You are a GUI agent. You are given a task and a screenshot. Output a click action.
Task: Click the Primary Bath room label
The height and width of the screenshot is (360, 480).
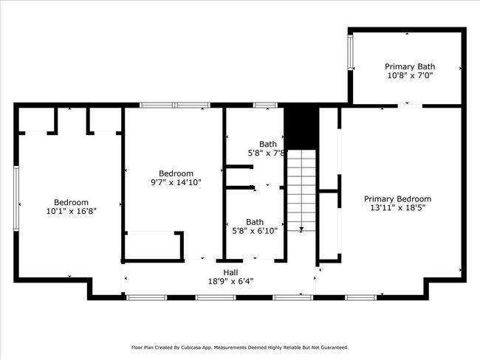pos(410,66)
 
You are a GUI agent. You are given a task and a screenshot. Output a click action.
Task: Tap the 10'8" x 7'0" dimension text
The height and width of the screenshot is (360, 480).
pos(410,75)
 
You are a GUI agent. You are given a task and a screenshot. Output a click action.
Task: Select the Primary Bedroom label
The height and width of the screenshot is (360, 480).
pos(397,199)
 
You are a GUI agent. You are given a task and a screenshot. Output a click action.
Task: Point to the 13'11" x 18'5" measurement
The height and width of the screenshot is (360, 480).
pos(397,208)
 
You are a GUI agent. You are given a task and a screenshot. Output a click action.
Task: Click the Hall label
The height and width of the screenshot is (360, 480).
pos(230,272)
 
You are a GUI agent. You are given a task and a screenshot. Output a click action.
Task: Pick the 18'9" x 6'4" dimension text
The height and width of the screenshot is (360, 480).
pos(231,281)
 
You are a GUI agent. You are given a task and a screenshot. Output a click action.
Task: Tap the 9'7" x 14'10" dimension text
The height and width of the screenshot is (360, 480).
pos(176,183)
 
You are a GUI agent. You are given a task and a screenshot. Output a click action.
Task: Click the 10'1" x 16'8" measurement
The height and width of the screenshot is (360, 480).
pos(72,211)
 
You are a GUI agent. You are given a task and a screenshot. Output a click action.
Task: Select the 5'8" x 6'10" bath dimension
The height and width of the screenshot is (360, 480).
pos(255,231)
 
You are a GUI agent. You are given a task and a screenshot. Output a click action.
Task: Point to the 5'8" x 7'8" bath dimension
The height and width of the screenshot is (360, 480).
pos(267,153)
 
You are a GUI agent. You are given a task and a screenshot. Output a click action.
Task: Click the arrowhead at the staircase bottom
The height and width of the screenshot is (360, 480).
pos(301,229)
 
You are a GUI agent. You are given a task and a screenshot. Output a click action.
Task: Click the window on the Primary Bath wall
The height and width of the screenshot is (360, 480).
pos(350,52)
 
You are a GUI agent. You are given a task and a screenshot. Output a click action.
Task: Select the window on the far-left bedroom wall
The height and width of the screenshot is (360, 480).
pos(16,198)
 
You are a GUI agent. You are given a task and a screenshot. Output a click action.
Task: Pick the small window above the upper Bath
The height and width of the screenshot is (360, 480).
pos(265,105)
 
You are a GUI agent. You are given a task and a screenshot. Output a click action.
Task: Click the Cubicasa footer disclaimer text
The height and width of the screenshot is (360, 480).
pos(240,347)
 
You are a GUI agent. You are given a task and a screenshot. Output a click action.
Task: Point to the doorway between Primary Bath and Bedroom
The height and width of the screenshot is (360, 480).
pos(410,105)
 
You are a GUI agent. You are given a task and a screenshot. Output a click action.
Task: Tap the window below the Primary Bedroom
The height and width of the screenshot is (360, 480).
pos(361,297)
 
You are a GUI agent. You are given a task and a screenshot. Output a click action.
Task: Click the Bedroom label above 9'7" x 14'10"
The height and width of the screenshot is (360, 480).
pos(176,174)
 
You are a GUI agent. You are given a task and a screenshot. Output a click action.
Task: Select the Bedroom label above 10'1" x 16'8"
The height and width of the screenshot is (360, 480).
pos(72,202)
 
